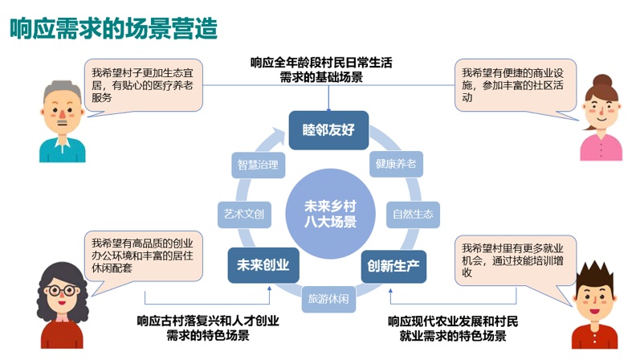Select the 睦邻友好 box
pyautogui.click(x=329, y=130)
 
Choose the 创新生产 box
pyautogui.click(x=393, y=264)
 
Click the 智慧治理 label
pyautogui.click(x=258, y=166)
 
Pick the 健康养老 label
pyautogui.click(x=395, y=164)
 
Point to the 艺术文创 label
pyautogui.click(x=242, y=214)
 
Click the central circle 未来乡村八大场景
pyautogui.click(x=329, y=212)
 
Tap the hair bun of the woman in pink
pyautogui.click(x=603, y=80)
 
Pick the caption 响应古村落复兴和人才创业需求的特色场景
pyautogui.click(x=208, y=328)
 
